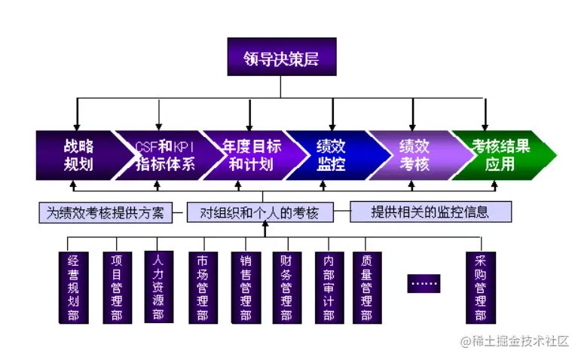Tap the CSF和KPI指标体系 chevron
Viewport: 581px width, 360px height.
point(163,155)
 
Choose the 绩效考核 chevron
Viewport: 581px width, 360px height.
point(413,155)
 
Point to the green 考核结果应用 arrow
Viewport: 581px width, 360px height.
point(499,155)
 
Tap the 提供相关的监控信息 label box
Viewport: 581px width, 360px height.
point(430,212)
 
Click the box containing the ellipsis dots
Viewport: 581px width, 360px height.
point(424,284)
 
